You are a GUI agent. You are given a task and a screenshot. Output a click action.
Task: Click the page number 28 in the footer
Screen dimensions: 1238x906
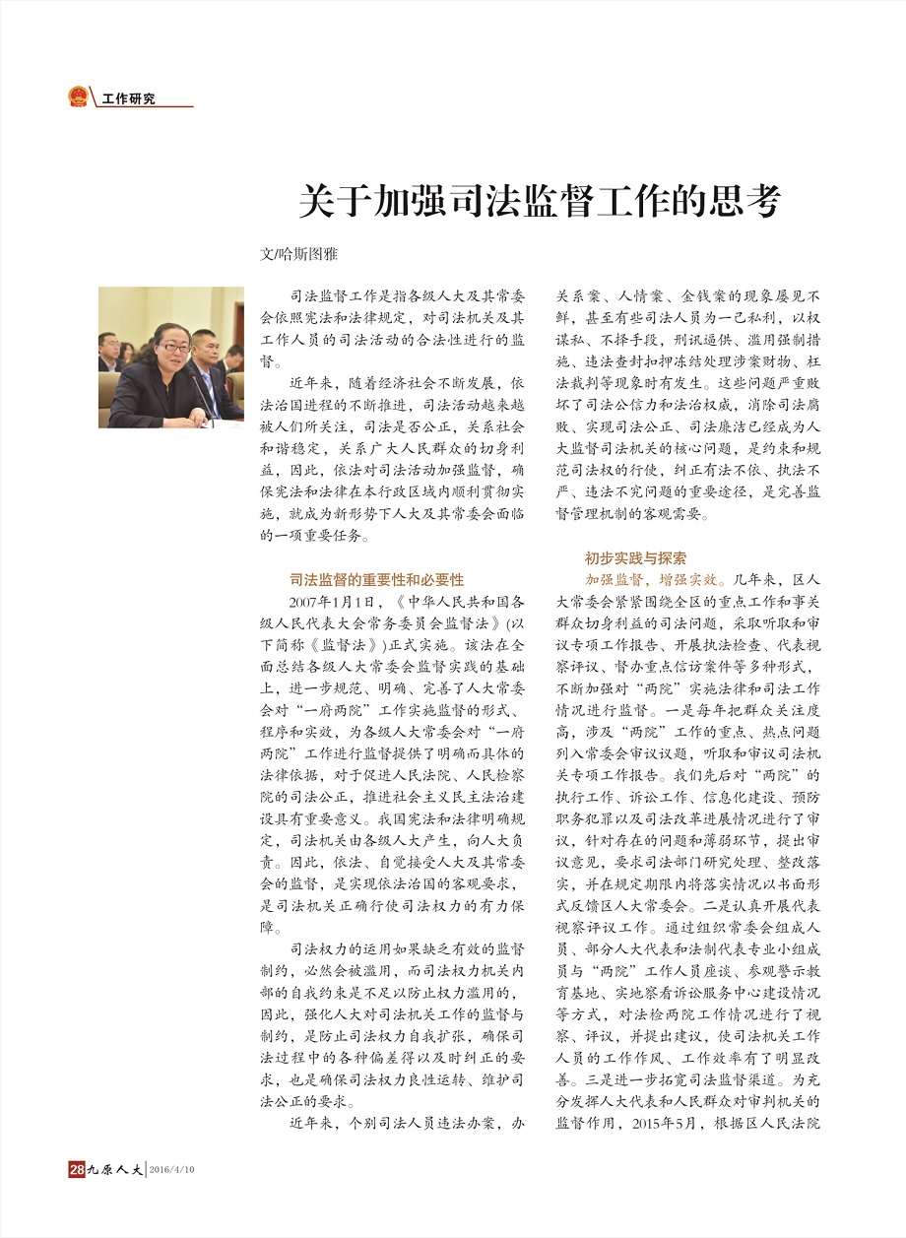[x=76, y=1169]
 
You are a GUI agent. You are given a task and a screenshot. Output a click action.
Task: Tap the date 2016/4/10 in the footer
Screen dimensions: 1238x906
[x=172, y=1170]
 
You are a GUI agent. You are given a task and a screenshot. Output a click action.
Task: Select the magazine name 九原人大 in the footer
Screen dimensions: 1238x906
[x=114, y=1170]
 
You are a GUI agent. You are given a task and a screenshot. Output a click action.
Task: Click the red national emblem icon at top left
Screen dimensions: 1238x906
[x=78, y=97]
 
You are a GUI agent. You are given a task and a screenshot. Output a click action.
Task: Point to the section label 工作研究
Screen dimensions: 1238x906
[x=129, y=98]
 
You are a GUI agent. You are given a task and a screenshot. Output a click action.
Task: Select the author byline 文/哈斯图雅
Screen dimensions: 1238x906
[x=297, y=253]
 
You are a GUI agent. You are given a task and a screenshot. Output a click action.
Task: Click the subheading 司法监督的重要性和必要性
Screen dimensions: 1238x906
[x=376, y=579]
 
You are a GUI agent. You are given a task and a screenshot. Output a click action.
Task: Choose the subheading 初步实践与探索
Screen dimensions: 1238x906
[x=635, y=557]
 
